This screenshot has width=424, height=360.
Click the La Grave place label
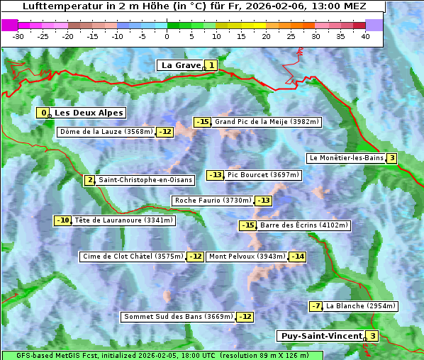[181, 65]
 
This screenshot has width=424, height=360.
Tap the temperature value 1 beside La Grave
[211, 65]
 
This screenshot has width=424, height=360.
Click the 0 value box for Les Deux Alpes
[44, 113]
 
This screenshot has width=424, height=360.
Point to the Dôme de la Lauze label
[106, 132]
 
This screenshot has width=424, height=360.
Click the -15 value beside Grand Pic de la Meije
[203, 122]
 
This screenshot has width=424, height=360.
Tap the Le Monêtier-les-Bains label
[345, 158]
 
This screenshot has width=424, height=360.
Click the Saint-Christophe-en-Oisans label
[145, 180]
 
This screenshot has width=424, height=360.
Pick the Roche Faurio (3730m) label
[213, 201]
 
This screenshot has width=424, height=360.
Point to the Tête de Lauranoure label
[123, 220]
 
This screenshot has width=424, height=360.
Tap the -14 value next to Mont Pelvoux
[297, 257]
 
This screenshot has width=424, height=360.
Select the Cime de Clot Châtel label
[133, 257]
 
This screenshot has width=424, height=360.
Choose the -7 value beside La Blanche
[316, 306]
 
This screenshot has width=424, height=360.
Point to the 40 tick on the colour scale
[365, 35]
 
